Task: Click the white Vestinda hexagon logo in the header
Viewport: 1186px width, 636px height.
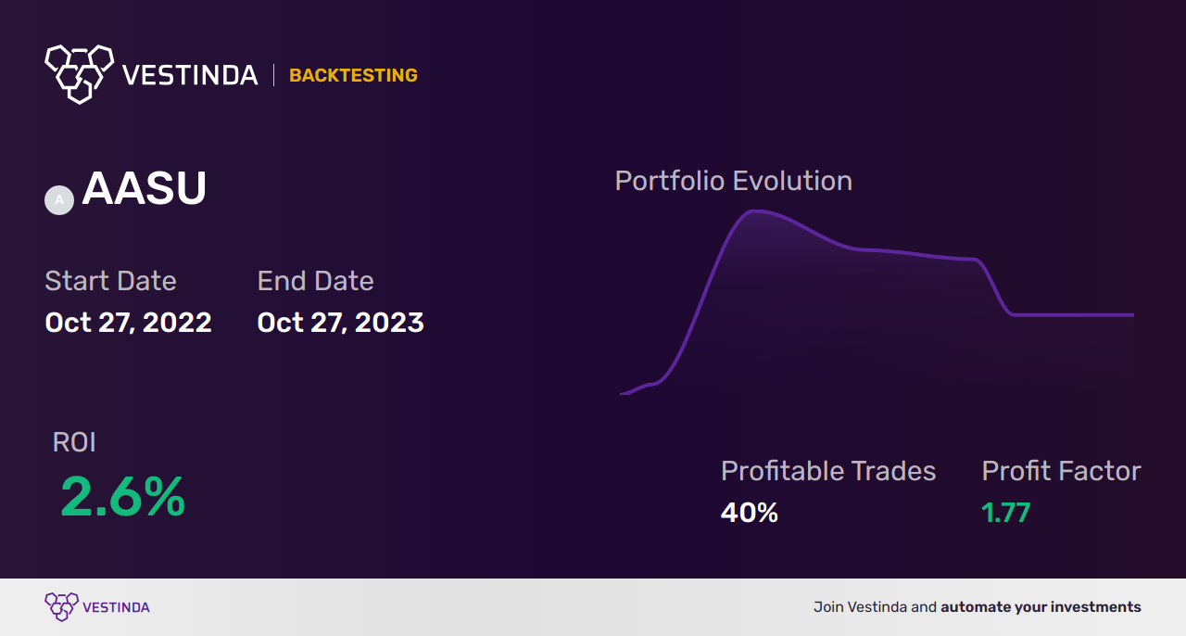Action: click(80, 74)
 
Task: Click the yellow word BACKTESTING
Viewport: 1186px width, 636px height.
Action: click(353, 75)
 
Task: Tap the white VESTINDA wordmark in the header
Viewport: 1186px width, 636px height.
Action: click(190, 75)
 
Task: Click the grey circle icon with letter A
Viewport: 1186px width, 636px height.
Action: click(59, 200)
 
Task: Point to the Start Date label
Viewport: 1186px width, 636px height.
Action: click(110, 280)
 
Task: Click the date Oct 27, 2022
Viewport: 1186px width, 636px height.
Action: click(128, 323)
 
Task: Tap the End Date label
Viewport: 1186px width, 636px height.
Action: click(316, 280)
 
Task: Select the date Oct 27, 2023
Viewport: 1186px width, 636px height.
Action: click(340, 323)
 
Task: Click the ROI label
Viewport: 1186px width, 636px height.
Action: click(74, 442)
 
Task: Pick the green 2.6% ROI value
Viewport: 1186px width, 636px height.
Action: click(123, 497)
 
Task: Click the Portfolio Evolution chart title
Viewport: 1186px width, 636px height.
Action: click(734, 181)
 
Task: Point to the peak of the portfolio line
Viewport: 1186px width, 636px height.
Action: click(756, 211)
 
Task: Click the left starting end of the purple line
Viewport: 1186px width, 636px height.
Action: click(621, 394)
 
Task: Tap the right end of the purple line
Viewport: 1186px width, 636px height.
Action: click(1133, 315)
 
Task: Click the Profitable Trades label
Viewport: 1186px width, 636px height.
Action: click(828, 471)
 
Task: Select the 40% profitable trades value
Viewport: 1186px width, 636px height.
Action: click(750, 513)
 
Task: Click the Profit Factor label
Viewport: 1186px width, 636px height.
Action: click(1062, 471)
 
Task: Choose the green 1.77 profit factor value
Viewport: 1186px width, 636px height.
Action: click(1006, 513)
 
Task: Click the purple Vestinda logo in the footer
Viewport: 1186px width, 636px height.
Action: click(97, 607)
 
